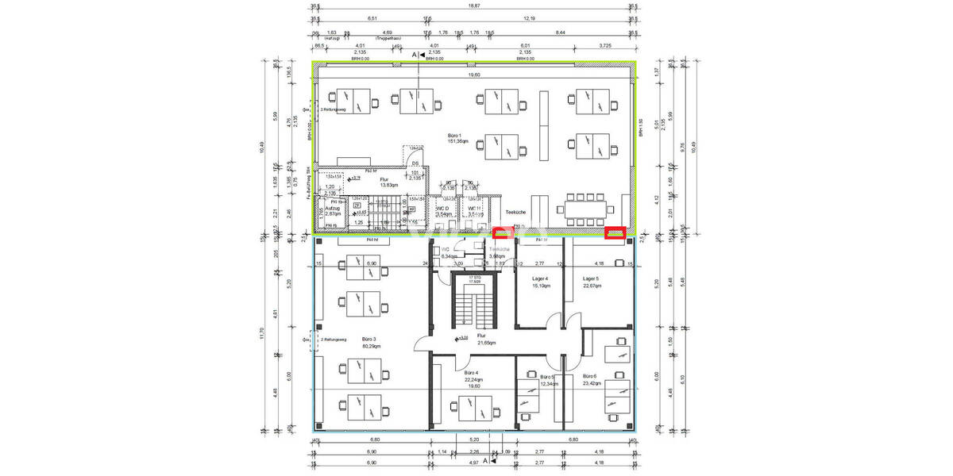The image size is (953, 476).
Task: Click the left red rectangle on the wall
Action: [x=503, y=232]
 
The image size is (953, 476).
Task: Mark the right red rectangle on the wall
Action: [x=615, y=232]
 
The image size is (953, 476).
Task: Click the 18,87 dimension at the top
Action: [x=473, y=6]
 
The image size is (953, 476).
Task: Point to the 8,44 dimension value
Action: [x=560, y=33]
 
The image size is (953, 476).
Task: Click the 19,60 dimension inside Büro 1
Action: [x=473, y=75]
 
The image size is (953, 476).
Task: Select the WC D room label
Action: [x=443, y=208]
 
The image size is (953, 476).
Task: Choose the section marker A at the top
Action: [x=414, y=54]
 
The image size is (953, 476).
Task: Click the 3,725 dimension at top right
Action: [x=605, y=46]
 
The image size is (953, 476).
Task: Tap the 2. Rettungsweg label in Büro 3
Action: [x=333, y=339]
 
